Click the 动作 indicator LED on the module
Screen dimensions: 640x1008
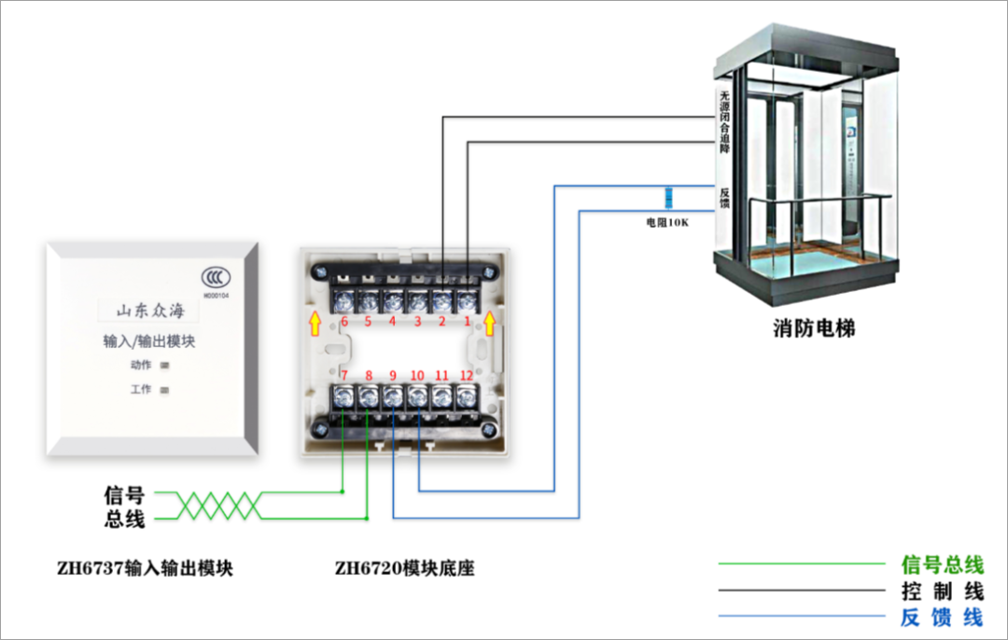[x=165, y=365]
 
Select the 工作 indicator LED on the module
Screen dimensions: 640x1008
[x=165, y=390]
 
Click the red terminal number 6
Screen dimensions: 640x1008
[x=344, y=322]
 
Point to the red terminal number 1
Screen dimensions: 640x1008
[x=468, y=322]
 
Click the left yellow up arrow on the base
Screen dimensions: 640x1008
[x=316, y=323]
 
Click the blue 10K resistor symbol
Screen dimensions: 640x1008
[x=668, y=198]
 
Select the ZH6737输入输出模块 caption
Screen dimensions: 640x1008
[x=144, y=567]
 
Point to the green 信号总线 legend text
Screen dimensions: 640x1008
[x=942, y=563]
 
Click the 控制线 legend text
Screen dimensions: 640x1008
[x=942, y=591]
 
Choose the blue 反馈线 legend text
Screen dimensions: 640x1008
[x=942, y=617]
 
